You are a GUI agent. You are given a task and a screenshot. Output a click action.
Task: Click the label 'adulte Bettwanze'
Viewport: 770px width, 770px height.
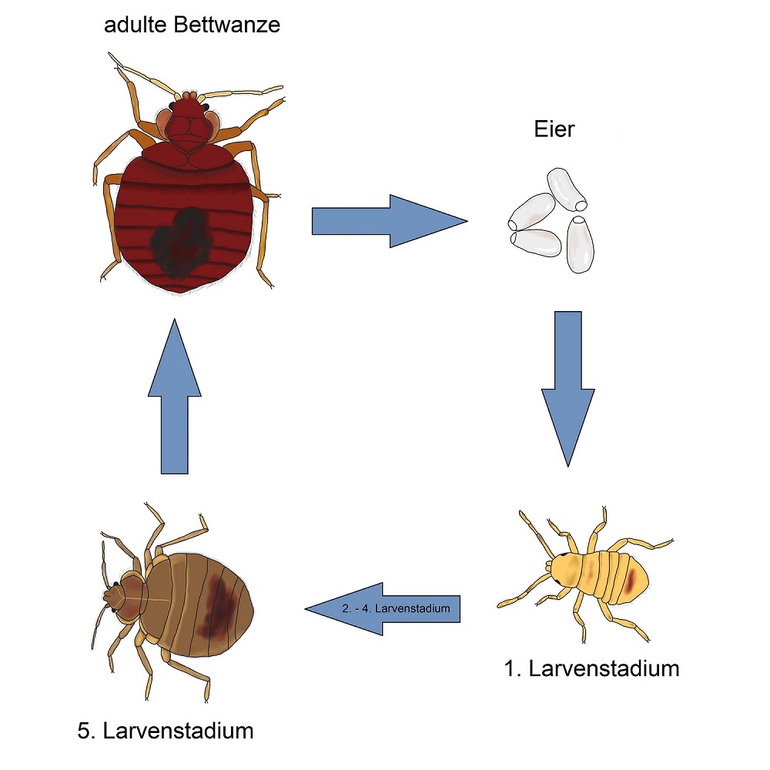192,25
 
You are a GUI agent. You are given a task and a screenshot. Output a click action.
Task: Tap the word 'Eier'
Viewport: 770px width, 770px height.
554,129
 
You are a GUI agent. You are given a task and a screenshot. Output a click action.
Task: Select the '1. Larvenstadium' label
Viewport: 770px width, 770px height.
591,668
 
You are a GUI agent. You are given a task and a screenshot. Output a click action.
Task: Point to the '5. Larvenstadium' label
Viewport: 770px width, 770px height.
166,729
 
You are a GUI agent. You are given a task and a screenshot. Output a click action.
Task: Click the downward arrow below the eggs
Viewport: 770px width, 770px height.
567,385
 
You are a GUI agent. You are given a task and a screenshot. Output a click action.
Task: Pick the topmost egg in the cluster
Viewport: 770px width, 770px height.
567,189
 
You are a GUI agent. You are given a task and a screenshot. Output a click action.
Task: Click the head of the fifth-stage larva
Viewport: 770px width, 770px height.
116,595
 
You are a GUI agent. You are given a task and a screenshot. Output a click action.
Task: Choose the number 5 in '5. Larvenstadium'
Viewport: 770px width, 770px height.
84,729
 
